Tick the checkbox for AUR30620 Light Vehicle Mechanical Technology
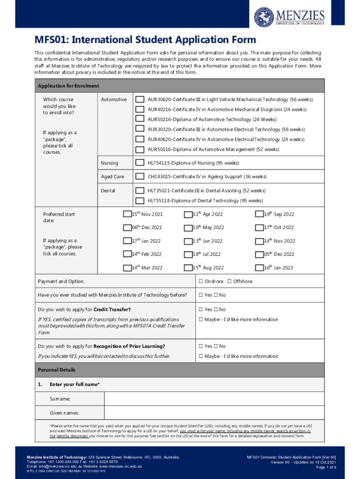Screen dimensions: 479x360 click(139, 99)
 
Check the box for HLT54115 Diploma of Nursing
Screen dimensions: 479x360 click(139, 163)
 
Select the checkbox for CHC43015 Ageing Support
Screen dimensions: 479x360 click(139, 176)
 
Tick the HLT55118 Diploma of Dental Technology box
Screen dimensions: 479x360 click(139, 201)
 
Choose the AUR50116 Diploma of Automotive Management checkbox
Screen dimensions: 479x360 click(139, 150)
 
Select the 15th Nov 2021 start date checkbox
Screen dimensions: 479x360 click(127, 214)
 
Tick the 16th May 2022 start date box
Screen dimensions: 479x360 click(188, 227)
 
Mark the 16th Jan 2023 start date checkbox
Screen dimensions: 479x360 click(259, 268)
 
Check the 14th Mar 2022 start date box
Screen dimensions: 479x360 click(127, 268)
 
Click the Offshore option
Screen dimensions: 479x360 click(230, 281)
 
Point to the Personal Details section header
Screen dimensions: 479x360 click(56, 370)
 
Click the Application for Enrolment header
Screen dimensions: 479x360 click(68, 86)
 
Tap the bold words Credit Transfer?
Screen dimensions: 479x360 click(112, 310)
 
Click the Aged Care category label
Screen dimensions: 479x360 click(113, 176)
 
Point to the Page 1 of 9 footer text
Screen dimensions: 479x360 click(326, 467)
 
